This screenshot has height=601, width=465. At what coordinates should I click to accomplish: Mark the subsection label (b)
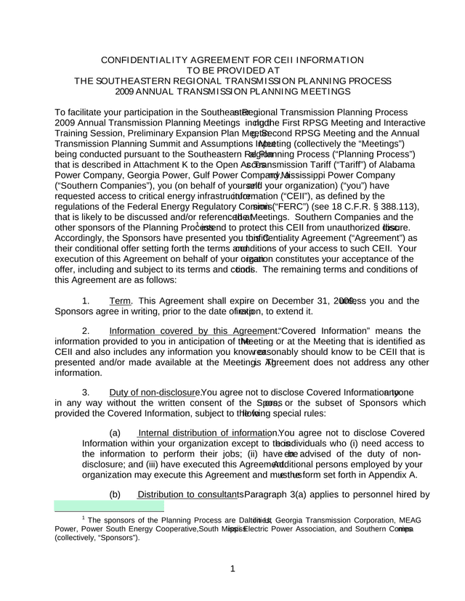(115, 494)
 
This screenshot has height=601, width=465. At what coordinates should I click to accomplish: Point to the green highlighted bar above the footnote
(110, 506)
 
